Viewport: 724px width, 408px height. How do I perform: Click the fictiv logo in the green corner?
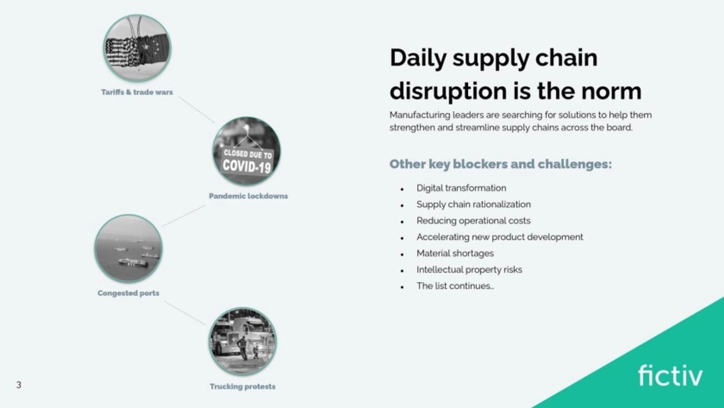(670, 376)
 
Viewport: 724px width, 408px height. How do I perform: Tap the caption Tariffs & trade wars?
(137, 92)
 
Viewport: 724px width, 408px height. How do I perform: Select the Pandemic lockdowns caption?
(248, 196)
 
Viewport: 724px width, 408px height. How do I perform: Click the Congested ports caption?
(128, 293)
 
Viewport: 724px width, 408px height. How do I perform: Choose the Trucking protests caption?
(242, 387)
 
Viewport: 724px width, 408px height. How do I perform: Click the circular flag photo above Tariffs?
(137, 48)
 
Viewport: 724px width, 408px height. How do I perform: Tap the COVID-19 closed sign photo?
(246, 151)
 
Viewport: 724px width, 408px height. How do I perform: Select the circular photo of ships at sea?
(128, 249)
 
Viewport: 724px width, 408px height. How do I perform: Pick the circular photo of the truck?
(242, 341)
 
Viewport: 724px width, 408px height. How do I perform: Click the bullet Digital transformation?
(461, 188)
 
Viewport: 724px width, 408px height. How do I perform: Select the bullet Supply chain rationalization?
(474, 204)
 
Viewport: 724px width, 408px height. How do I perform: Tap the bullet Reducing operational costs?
(473, 221)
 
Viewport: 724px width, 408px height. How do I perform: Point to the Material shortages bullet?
(455, 253)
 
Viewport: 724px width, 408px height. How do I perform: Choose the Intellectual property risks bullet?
(469, 269)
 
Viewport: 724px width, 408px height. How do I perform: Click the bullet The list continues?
(455, 286)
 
